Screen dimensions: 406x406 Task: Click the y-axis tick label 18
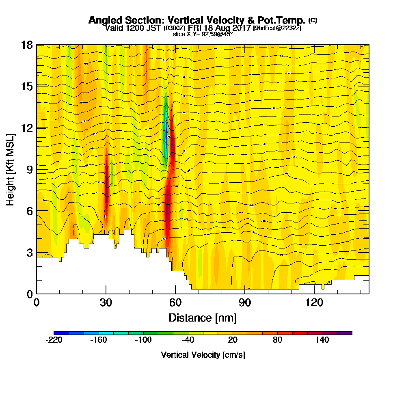(x=27, y=45)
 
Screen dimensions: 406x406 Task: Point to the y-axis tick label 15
(x=27, y=86)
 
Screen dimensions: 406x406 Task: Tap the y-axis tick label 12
(x=27, y=128)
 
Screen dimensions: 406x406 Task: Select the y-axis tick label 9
(x=29, y=169)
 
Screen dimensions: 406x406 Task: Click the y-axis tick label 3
(x=29, y=253)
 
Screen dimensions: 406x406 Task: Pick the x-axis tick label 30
(x=106, y=302)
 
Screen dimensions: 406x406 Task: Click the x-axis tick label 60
(x=175, y=302)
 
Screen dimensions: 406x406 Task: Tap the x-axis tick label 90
(x=245, y=302)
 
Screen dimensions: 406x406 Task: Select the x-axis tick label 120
(x=315, y=302)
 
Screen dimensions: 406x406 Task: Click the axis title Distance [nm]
(x=203, y=317)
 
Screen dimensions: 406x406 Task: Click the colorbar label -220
(x=54, y=340)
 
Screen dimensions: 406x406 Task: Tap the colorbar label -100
(x=143, y=340)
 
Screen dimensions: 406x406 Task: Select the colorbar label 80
(x=277, y=340)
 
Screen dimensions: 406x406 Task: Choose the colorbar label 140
(x=322, y=340)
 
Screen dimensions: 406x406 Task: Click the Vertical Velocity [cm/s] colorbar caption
(x=203, y=355)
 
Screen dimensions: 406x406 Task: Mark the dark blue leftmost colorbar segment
(x=61, y=333)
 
